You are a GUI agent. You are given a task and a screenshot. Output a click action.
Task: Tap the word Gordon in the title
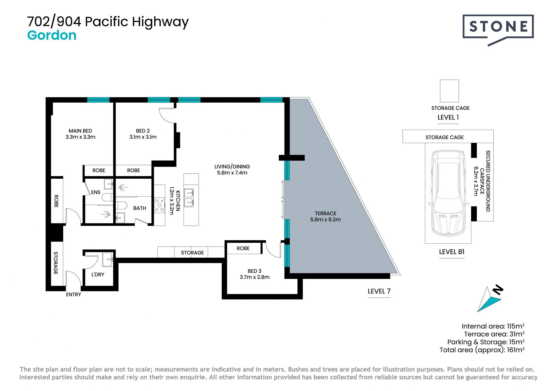coord(52,35)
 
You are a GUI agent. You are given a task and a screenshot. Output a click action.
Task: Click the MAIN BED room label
coord(80,131)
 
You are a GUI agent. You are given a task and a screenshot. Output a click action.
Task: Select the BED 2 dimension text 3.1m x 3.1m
coord(143,137)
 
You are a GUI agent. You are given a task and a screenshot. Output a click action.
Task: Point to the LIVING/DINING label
coord(232,167)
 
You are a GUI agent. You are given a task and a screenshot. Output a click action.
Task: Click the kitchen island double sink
coord(189,198)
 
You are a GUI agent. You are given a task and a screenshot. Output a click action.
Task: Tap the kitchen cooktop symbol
coord(159,205)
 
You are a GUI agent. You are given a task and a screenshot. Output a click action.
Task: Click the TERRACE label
coord(325,214)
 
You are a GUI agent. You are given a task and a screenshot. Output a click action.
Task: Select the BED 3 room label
coord(254,271)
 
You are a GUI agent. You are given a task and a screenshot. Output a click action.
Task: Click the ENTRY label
coord(73,294)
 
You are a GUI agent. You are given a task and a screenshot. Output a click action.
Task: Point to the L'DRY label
coord(98,275)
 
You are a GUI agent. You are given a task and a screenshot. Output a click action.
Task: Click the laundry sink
coord(108,260)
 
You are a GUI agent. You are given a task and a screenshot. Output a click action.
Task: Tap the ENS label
coord(96,192)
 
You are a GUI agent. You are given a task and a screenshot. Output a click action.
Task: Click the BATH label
coord(140,208)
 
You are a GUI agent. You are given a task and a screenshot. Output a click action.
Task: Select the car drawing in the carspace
coord(448,193)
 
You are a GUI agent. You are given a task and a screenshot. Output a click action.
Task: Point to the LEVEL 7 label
coord(379,291)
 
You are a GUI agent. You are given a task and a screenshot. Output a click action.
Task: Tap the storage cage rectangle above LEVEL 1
coord(449,91)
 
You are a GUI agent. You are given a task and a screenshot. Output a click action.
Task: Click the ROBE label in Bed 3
coord(243,248)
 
